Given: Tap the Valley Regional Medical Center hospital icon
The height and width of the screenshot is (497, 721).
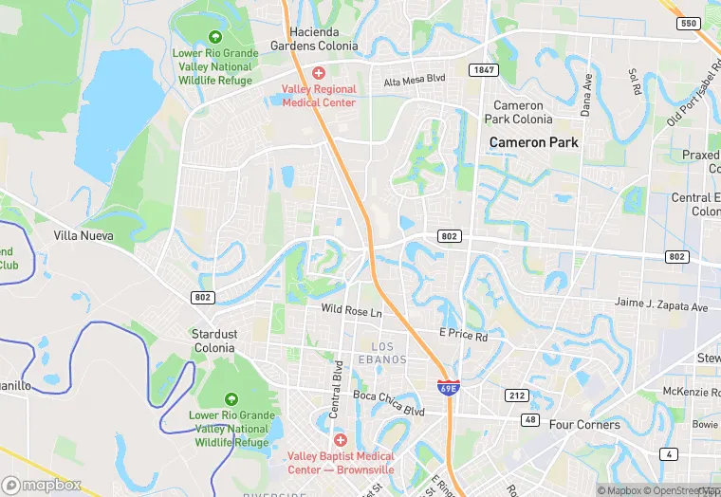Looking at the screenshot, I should [x=319, y=73].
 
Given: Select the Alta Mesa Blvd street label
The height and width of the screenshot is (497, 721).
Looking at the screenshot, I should [x=415, y=82].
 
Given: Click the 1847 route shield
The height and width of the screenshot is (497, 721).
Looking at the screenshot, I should [x=482, y=70].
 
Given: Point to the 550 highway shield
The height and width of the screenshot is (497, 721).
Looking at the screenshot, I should [x=690, y=23].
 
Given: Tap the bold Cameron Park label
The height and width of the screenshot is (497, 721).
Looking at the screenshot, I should [x=533, y=142].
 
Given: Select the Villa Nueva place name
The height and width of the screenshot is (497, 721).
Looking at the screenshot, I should [x=83, y=235].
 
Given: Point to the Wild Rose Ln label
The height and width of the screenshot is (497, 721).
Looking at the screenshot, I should [x=351, y=311].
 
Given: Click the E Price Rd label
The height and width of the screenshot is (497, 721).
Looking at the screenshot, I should [x=463, y=336].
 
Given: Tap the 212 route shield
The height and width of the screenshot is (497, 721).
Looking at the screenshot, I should [x=516, y=395].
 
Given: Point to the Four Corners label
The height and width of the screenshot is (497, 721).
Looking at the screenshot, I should [x=584, y=425].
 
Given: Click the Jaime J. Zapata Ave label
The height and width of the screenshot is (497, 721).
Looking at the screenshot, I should [x=661, y=307].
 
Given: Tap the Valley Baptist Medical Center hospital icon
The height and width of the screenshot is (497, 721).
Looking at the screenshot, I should [x=341, y=440].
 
